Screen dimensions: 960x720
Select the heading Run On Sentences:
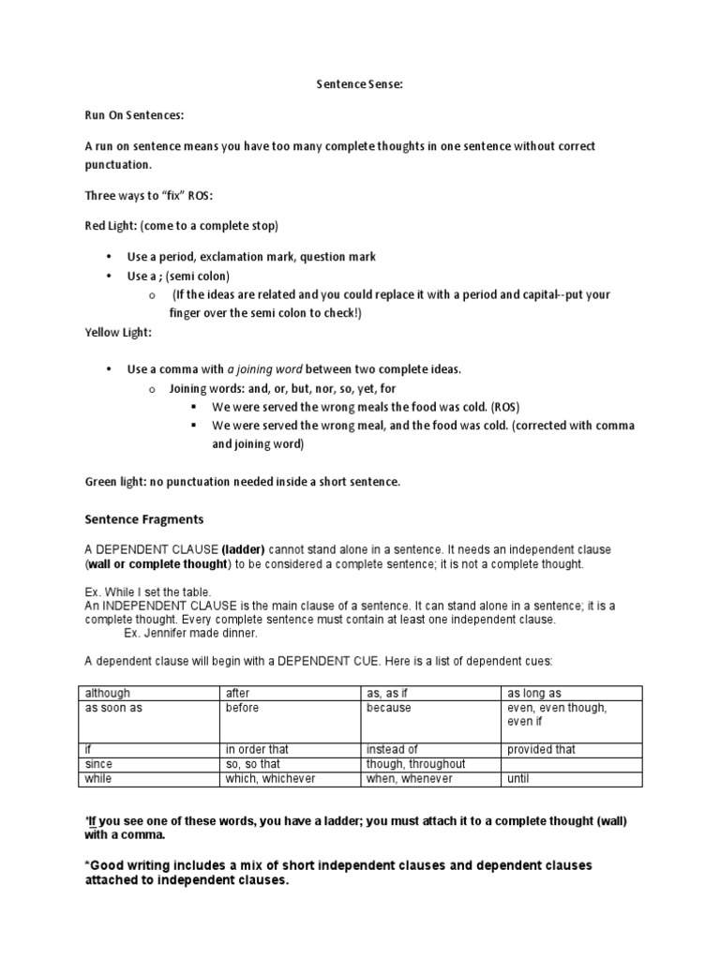click(135, 115)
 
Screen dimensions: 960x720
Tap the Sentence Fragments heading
click(144, 518)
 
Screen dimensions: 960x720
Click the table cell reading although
click(108, 693)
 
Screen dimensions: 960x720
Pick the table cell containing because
click(389, 708)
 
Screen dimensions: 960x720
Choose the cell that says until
click(519, 778)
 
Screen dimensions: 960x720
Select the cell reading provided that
click(542, 750)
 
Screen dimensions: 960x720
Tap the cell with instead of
click(393, 750)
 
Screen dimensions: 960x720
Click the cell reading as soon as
click(113, 708)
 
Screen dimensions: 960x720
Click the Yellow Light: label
click(118, 332)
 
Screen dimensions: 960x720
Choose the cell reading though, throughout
click(415, 764)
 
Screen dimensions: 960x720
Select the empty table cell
click(572, 764)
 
